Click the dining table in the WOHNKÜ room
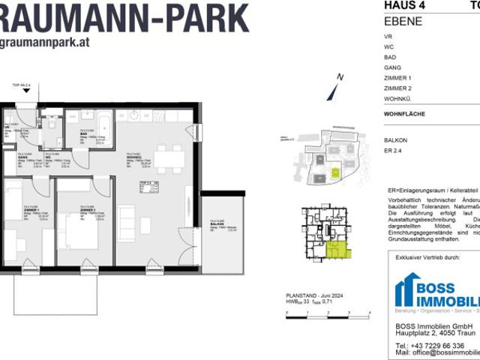tap(169, 158)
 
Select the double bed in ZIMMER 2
tap(79, 228)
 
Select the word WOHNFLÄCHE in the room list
tap(404, 113)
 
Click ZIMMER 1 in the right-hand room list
tap(397, 78)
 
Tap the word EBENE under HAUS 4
tap(403, 20)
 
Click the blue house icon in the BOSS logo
tap(408, 289)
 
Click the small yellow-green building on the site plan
tap(335, 172)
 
